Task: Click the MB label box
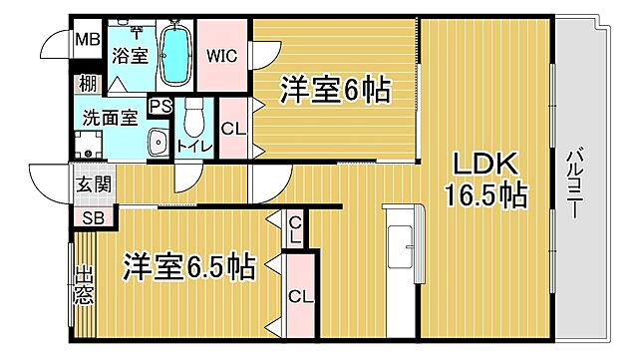[86, 41]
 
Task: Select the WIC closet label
[220, 55]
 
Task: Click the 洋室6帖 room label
[335, 92]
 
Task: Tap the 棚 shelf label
[88, 85]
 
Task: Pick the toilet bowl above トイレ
[193, 121]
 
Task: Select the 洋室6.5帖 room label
[189, 267]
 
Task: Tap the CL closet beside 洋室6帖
[232, 129]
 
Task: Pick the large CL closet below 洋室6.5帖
[298, 296]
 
